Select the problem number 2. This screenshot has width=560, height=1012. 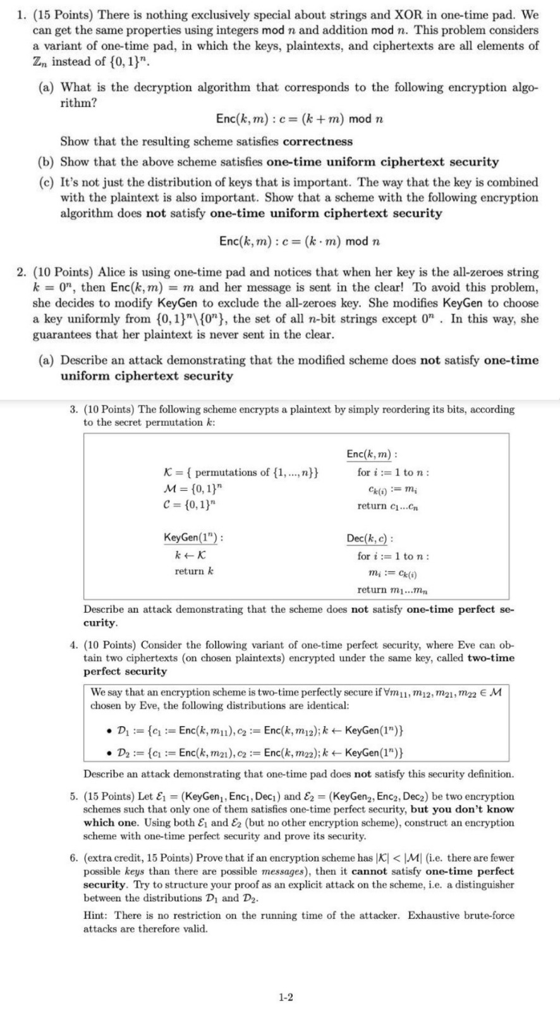21,273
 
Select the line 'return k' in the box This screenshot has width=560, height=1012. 194,571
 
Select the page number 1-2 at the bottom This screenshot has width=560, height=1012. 285,997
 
